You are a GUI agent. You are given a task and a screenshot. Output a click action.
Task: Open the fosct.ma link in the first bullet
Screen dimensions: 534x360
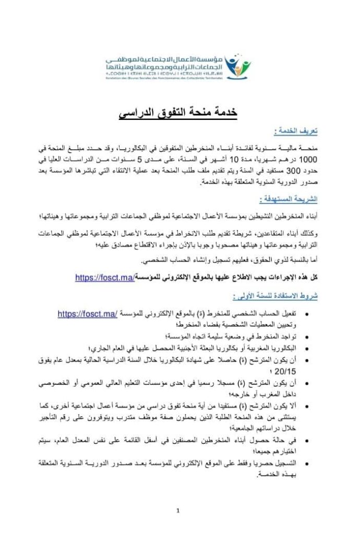pyautogui.click(x=86, y=314)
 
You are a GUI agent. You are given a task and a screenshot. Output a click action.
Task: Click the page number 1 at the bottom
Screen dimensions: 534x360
pyautogui.click(x=178, y=510)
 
